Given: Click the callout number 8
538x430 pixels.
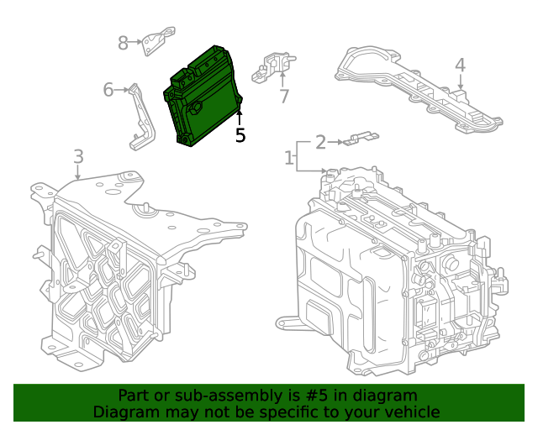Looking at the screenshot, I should [124, 43].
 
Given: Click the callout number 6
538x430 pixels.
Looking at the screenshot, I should [108, 89].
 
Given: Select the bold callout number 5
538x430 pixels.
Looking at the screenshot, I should [240, 135].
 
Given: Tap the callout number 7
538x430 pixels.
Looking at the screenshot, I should [284, 97].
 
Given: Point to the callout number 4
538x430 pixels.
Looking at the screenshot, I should [460, 66].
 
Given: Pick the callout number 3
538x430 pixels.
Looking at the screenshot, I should [78, 156].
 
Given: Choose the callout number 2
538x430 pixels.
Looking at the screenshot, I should [320, 142].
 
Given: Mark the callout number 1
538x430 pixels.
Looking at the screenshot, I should [288, 157].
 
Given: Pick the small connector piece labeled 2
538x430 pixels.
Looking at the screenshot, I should [360, 137].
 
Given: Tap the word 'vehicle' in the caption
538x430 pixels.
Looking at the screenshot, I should [411, 412].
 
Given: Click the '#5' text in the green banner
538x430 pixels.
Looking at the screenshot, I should [314, 396].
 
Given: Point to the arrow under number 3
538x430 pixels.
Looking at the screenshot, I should [78, 173].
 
